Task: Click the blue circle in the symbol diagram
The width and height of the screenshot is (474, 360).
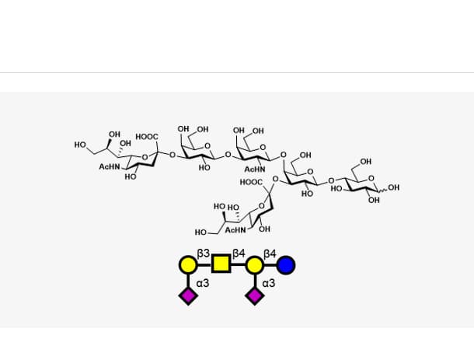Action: (286, 265)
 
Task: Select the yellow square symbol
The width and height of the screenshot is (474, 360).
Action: (221, 263)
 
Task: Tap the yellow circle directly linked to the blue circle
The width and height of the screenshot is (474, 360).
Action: (255, 265)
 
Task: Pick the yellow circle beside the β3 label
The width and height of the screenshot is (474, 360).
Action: (188, 265)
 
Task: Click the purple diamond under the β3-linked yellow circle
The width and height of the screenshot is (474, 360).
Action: (188, 296)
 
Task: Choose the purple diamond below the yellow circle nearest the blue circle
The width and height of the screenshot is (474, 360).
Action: (255, 296)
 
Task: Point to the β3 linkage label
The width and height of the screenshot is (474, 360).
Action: (203, 253)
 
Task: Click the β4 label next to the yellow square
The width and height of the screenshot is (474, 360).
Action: (239, 253)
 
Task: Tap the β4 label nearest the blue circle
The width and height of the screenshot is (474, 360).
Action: (270, 253)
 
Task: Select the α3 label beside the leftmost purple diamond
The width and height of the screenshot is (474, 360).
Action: (203, 283)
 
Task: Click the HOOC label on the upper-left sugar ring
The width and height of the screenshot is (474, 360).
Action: (147, 137)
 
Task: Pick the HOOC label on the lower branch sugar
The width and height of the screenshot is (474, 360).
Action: (251, 182)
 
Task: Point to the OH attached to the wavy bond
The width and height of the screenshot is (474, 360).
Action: (394, 187)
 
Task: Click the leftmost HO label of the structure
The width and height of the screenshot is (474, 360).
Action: (80, 145)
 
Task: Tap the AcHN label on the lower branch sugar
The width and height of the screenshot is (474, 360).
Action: (235, 230)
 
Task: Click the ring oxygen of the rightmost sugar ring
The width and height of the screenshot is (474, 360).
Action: (371, 179)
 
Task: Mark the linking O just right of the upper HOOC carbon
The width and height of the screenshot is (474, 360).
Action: (173, 156)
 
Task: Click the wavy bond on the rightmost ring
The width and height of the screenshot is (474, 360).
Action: (382, 191)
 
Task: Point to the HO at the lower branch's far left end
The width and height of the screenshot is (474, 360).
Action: (200, 232)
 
